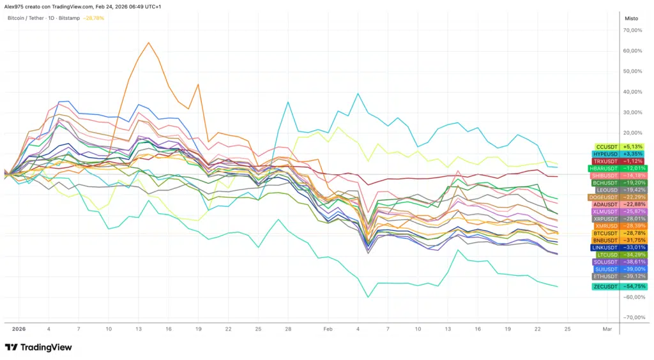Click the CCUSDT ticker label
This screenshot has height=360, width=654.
point(605,147)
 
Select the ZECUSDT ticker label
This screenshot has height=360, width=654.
point(605,287)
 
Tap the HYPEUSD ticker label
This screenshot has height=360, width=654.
point(604,154)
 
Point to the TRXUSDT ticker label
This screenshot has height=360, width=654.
point(604,161)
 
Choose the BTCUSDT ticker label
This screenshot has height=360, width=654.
point(604,233)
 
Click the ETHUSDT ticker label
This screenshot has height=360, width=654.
point(604,276)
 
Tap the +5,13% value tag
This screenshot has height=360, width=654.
point(633,147)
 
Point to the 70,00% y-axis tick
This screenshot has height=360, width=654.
point(632,30)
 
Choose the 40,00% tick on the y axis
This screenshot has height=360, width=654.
point(632,91)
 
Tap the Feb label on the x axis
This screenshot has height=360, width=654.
point(328,328)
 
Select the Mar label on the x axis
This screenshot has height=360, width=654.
point(607,328)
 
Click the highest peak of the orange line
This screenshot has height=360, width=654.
point(148,43)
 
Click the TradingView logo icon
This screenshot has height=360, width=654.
point(11,347)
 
